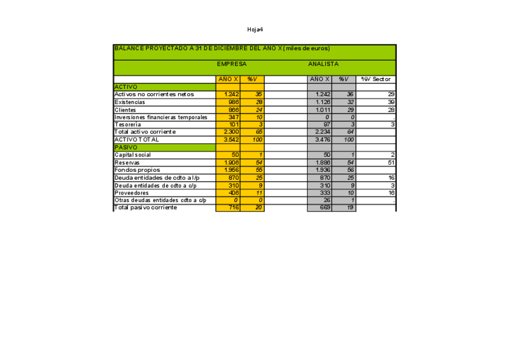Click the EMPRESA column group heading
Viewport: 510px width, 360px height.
pos(232,64)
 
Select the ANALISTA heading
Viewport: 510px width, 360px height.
pos(323,64)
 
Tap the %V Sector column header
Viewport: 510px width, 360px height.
pos(376,79)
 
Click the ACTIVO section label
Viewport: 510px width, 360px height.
pos(126,87)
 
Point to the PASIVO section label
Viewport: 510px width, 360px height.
pos(126,147)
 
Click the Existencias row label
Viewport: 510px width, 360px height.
pos(129,102)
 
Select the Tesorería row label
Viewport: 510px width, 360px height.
pos(129,124)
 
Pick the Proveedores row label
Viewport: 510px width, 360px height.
pos(132,192)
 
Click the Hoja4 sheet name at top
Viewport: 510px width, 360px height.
pos(255,29)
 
